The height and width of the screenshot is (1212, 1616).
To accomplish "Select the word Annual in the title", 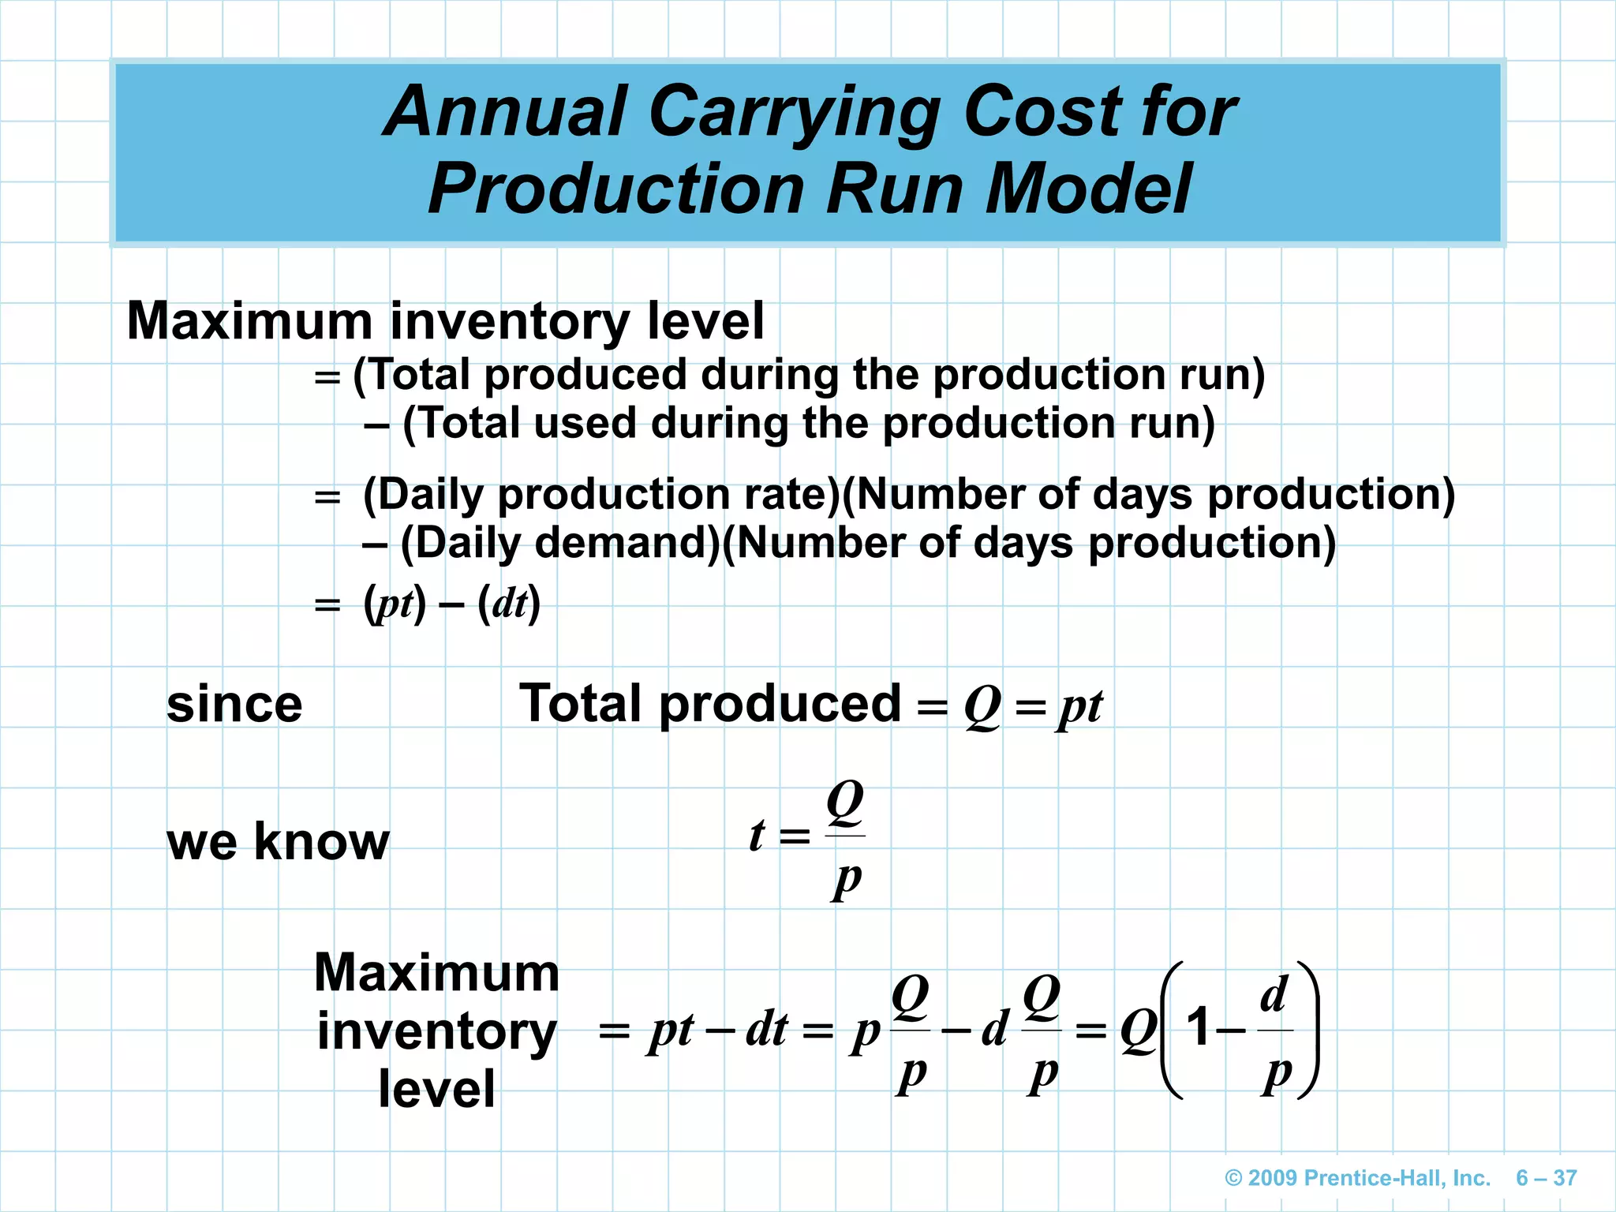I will click(x=505, y=112).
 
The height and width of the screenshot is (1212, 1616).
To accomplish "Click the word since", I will click(x=234, y=705).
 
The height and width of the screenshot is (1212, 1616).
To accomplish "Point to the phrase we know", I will click(x=278, y=842).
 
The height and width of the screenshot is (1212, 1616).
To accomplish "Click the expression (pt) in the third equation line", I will click(x=395, y=605).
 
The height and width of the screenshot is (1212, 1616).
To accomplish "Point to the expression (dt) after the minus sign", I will click(x=509, y=605).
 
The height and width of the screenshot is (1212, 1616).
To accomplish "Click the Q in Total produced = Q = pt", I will click(x=982, y=706).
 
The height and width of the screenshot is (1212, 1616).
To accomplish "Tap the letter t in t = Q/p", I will click(x=757, y=836).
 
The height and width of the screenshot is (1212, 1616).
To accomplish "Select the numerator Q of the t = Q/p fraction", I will click(x=845, y=802).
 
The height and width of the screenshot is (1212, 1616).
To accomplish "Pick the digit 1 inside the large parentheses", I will click(x=1199, y=1027).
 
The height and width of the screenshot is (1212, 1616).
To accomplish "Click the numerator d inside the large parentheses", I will click(x=1274, y=995).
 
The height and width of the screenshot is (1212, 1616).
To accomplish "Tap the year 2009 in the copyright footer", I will click(x=1273, y=1178).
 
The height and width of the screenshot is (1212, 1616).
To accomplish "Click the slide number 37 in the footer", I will click(x=1565, y=1178).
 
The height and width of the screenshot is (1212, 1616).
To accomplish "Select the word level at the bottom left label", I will click(x=436, y=1089).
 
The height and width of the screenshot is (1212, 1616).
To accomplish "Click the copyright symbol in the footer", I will click(x=1233, y=1178).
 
